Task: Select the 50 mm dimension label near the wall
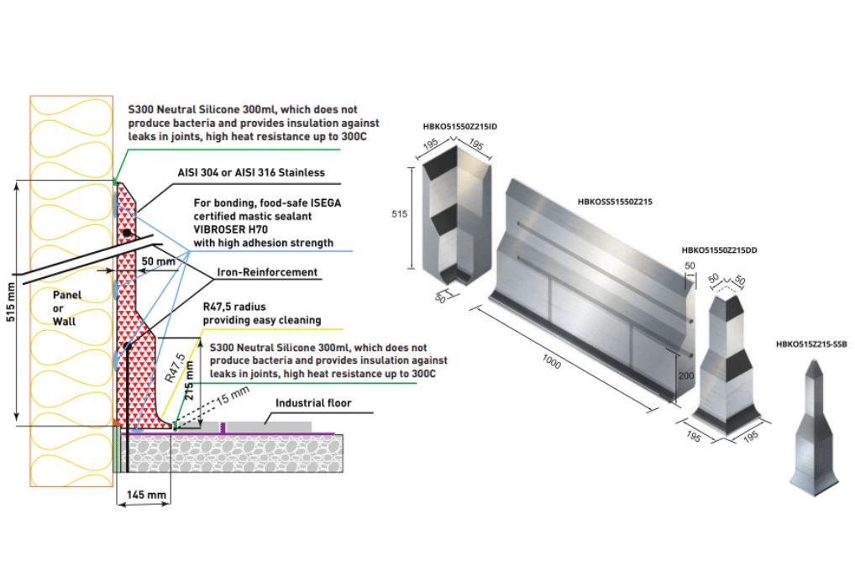159,262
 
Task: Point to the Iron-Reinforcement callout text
267,272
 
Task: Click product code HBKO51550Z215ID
459,127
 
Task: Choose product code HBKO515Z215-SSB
811,344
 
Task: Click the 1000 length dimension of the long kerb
551,362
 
